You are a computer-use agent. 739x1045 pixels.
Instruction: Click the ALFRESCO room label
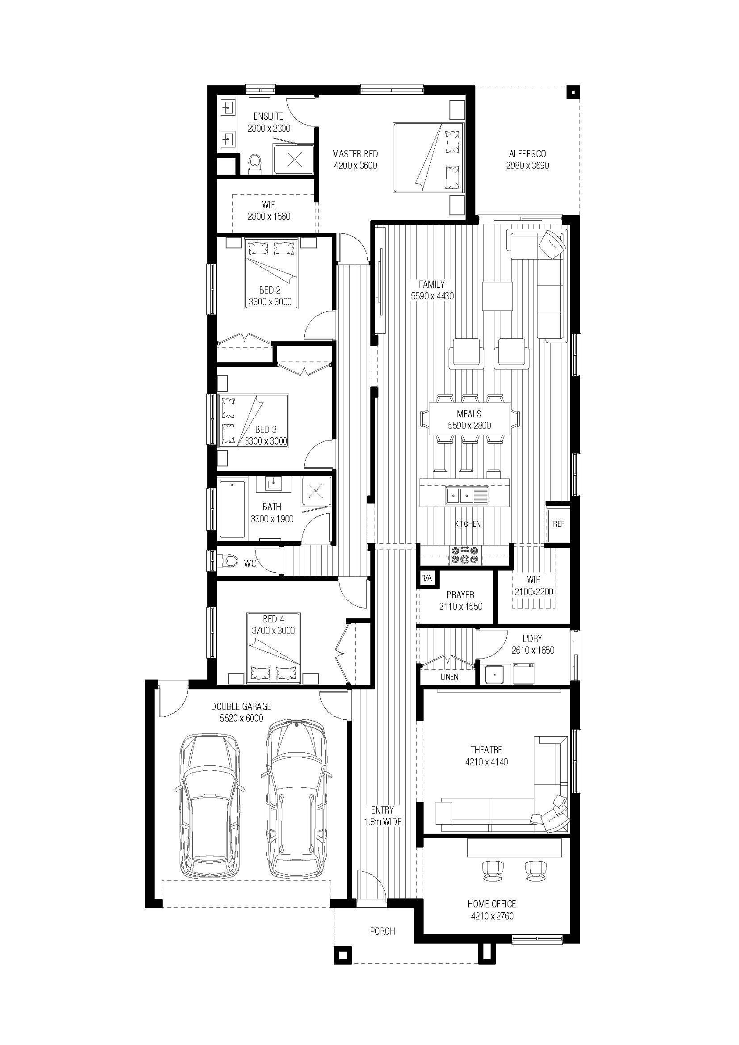click(x=527, y=154)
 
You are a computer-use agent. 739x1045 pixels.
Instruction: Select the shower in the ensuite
click(x=294, y=159)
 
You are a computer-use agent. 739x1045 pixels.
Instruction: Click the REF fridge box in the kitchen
click(x=558, y=525)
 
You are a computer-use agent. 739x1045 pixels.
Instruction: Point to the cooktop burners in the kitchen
click(x=465, y=555)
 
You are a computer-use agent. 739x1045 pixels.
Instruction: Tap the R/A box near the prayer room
click(x=426, y=579)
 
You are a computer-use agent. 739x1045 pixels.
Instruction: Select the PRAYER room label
click(x=461, y=594)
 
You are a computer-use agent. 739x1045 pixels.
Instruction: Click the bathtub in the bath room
click(x=232, y=510)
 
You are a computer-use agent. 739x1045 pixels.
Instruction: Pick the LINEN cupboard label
click(x=449, y=677)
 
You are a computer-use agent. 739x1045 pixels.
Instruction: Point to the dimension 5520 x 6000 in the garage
click(x=242, y=718)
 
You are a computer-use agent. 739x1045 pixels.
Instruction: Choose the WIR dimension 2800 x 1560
click(x=269, y=217)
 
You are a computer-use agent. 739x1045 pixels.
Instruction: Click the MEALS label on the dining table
click(x=469, y=414)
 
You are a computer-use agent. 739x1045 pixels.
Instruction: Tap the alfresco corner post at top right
click(x=573, y=93)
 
